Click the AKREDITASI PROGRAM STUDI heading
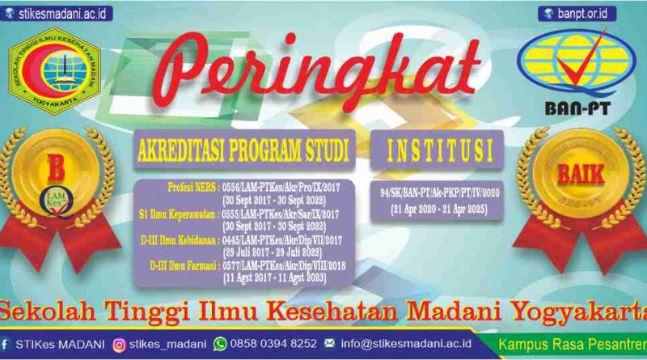click(x=244, y=150)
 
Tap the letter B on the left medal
click(x=56, y=172)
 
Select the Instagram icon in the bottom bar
click(x=120, y=344)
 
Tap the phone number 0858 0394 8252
click(x=273, y=344)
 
